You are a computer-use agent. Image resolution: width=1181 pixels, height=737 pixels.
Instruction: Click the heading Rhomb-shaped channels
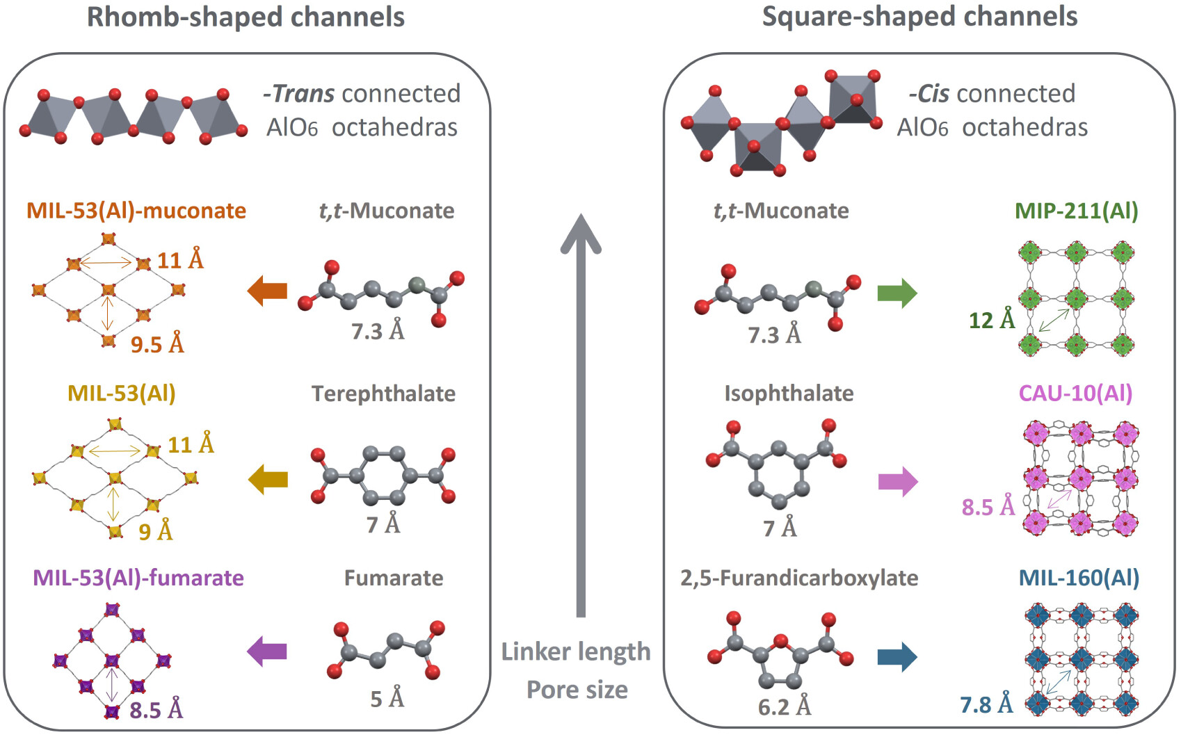[x=246, y=17]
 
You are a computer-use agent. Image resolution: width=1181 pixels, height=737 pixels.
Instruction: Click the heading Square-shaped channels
[x=920, y=17]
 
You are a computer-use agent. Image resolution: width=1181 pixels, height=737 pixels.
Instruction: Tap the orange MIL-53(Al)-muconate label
[x=136, y=211]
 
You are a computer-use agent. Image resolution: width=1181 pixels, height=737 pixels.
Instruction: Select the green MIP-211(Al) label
[x=1077, y=211]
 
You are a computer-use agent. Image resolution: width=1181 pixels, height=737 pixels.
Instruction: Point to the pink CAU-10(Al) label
[x=1075, y=394]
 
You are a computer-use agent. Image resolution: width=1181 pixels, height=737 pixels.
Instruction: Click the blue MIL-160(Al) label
[x=1079, y=578]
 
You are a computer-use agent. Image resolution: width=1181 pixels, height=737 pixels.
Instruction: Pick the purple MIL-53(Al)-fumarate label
[x=138, y=578]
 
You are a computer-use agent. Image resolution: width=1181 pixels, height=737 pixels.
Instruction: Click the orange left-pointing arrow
[x=267, y=291]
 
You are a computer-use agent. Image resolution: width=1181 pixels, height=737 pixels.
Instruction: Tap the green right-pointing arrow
[x=897, y=293]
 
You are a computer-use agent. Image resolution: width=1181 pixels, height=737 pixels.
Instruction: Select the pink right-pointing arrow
[x=899, y=481]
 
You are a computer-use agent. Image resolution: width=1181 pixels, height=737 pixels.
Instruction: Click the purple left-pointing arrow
[x=267, y=651]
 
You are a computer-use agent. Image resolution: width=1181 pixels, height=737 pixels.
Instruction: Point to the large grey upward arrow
[x=581, y=415]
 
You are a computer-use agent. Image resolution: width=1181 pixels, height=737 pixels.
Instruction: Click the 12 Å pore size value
[x=992, y=320]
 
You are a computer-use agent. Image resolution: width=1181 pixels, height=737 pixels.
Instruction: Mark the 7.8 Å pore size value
[x=986, y=704]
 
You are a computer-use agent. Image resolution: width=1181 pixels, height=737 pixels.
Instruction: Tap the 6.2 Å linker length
[x=785, y=707]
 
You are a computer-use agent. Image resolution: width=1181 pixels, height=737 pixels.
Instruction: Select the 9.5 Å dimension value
[x=158, y=344]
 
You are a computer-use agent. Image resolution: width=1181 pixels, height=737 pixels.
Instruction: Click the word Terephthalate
[x=384, y=394]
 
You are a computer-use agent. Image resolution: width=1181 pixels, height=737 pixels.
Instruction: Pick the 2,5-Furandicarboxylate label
[x=799, y=578]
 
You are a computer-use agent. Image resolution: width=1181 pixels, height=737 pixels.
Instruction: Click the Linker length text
[x=576, y=652]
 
